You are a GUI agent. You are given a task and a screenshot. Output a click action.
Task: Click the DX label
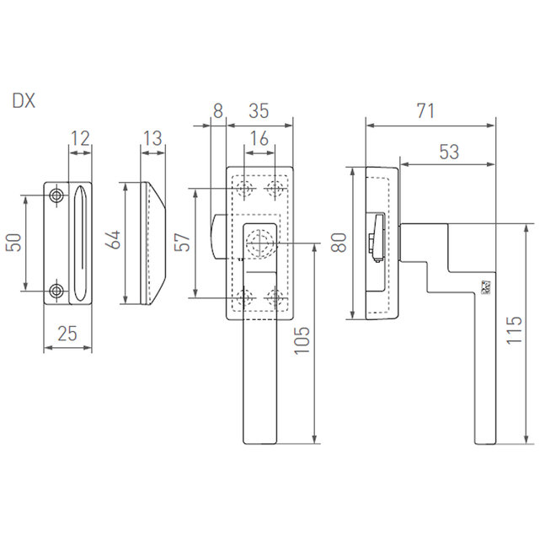[24, 101]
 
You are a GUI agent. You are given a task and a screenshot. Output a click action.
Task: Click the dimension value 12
[80, 138]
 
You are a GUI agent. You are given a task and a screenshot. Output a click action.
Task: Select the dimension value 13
[152, 138]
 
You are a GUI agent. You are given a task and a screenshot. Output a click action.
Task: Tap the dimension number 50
[14, 243]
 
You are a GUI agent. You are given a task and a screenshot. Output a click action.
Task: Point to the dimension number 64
[114, 240]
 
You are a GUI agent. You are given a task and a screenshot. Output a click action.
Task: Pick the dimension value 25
[67, 334]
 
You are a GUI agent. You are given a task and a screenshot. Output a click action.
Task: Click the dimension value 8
[218, 110]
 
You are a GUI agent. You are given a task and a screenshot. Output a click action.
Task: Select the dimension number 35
[259, 110]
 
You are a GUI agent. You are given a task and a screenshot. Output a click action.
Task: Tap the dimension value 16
[259, 138]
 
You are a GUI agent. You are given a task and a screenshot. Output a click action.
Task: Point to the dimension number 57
[183, 242]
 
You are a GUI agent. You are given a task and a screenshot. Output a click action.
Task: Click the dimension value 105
[302, 340]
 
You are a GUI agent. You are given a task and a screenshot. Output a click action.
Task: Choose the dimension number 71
[425, 110]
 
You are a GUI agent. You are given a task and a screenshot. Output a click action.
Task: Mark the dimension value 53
[449, 152]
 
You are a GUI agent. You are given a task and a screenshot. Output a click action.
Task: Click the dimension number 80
[339, 243]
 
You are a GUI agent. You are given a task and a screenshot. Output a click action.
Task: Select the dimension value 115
[514, 330]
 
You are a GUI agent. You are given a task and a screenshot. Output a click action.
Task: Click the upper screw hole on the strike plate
[56, 195]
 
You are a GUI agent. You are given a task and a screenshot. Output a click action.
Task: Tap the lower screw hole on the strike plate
[56, 291]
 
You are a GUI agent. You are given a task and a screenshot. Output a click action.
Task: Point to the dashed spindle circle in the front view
[259, 243]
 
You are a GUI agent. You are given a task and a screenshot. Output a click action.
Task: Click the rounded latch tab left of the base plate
[218, 237]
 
